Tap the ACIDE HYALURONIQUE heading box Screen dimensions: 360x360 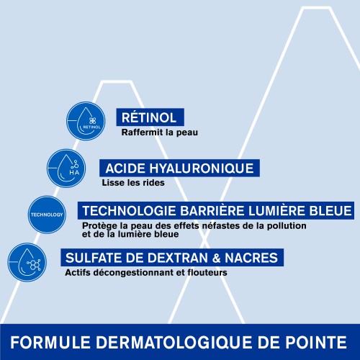tap(179, 168)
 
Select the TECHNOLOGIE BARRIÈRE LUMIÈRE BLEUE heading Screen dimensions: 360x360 tap(217, 211)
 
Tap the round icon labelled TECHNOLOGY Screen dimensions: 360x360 tap(46, 215)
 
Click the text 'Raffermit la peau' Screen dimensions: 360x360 tap(159, 132)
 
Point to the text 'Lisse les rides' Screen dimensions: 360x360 tap(133, 183)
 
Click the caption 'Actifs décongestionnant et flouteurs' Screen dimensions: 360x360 tap(146, 273)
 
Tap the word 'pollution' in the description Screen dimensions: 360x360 tap(284, 226)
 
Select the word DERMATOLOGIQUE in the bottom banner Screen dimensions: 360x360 tap(177, 342)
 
